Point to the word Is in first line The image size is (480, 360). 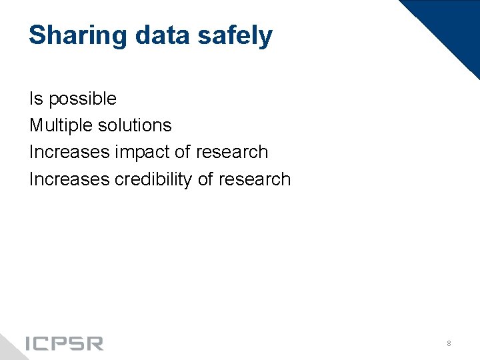(x=35, y=99)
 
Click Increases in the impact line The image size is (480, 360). (x=69, y=152)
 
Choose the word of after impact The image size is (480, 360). (x=183, y=152)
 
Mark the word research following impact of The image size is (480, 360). (x=232, y=152)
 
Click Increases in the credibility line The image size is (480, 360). (x=69, y=179)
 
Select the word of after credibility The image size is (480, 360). (x=205, y=179)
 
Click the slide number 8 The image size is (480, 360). (x=449, y=343)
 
